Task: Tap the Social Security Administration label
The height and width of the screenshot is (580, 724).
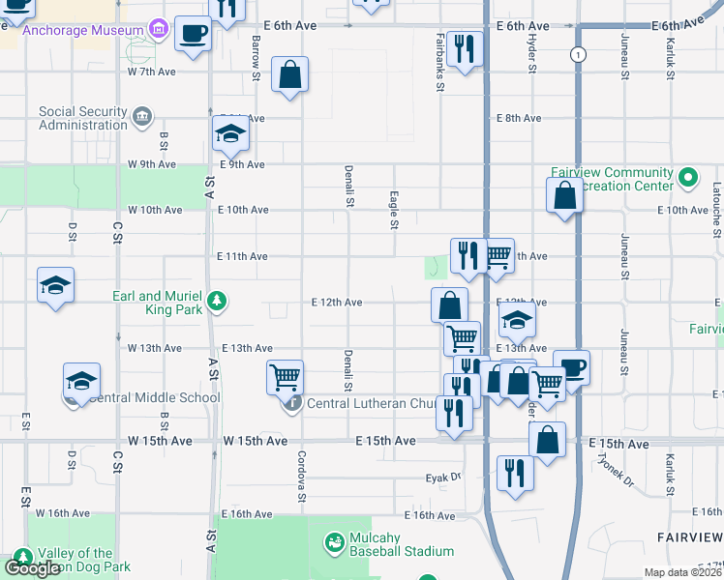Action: click(x=83, y=118)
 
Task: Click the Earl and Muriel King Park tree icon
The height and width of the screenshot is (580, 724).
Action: click(x=219, y=302)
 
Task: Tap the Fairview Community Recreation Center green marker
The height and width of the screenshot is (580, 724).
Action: click(x=688, y=179)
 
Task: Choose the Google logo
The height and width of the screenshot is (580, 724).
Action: click(x=32, y=568)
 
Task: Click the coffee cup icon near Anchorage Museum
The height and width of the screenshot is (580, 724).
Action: click(x=193, y=34)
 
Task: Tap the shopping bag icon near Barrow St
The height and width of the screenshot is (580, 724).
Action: click(x=290, y=73)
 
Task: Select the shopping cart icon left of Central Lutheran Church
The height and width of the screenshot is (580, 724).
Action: click(x=286, y=376)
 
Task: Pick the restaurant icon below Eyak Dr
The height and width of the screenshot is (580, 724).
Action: click(x=514, y=473)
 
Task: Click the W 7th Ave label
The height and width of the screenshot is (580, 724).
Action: click(x=152, y=72)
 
